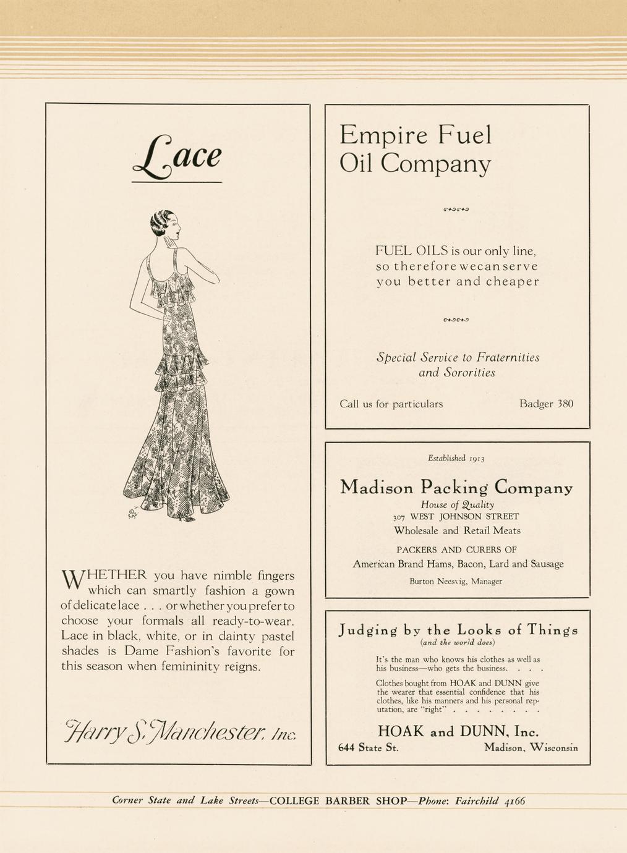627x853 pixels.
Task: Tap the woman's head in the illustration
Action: tap(166, 226)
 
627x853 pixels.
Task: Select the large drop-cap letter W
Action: tap(74, 580)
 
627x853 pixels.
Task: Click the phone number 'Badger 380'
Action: tap(546, 404)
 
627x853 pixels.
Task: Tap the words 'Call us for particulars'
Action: tap(391, 404)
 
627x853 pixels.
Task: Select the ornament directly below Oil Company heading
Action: tap(457, 210)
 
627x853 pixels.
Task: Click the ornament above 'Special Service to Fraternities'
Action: tap(457, 320)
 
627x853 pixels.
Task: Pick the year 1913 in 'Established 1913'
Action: tap(476, 459)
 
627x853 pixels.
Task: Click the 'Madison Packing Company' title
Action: tap(456, 487)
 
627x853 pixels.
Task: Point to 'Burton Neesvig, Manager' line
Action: tap(456, 581)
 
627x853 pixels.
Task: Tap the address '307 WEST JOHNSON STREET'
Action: tap(456, 516)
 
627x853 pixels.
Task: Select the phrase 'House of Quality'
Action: tap(457, 504)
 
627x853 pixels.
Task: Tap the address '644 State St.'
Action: tap(369, 748)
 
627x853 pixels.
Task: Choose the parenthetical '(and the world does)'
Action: tap(457, 642)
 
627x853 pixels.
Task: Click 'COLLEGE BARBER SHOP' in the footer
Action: tap(338, 801)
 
